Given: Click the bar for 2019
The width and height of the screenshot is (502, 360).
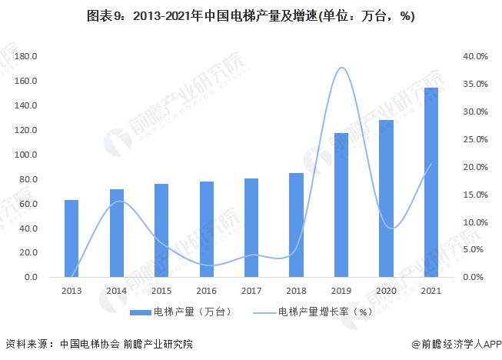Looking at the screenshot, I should (x=341, y=205).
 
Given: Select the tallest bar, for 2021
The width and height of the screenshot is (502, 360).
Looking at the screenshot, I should (x=431, y=182).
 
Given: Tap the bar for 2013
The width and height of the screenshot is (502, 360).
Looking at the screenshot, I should (x=71, y=238).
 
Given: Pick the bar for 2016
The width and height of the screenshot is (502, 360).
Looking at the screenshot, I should (x=207, y=229).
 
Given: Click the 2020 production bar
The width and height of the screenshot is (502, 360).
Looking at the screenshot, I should (x=387, y=198).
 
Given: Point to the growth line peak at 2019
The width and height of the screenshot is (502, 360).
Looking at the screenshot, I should (x=341, y=68).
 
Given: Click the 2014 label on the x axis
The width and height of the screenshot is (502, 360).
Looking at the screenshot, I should (x=116, y=291).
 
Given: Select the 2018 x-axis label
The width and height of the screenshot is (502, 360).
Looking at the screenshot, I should (x=297, y=291).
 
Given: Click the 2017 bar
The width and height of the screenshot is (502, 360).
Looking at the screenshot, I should (x=251, y=228).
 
